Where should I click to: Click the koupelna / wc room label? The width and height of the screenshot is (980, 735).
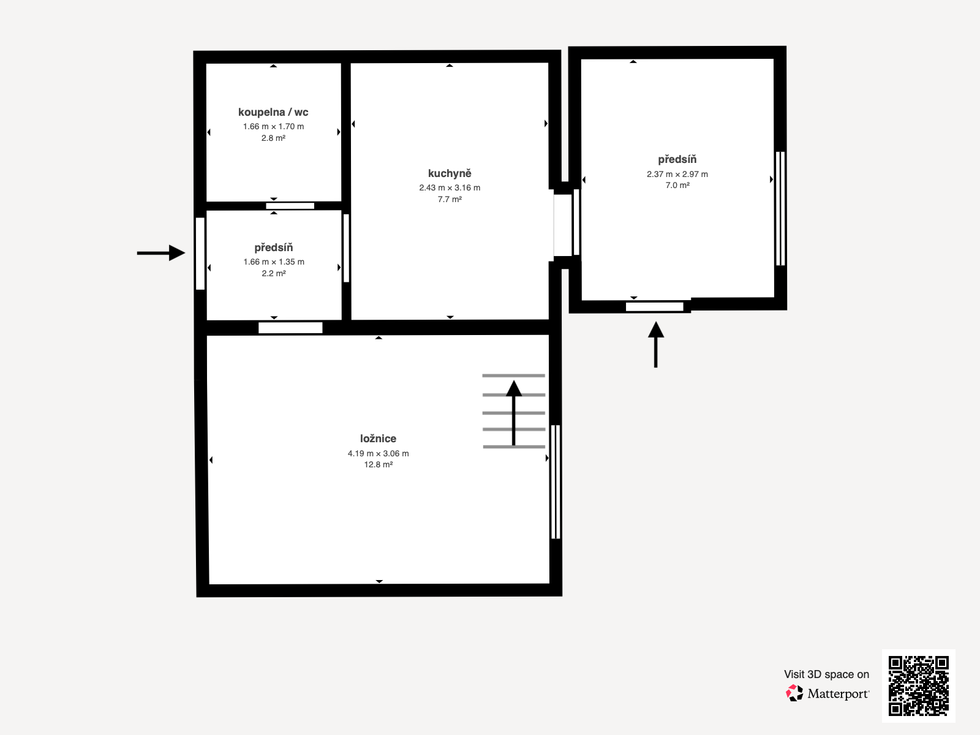pos(273,112)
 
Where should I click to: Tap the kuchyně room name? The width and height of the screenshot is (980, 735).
pos(450,173)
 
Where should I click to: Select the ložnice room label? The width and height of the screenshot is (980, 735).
pos(378,439)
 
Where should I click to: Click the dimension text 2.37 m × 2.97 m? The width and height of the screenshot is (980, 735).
pos(677,174)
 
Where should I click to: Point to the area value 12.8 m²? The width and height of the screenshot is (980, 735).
pos(378,465)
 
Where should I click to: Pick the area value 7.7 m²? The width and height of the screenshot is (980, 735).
pos(450,200)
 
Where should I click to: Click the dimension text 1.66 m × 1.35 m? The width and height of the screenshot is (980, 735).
pos(273,262)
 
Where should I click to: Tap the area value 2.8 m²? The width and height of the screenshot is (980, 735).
pos(273,138)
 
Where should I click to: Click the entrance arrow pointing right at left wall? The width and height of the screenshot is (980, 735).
pos(160,253)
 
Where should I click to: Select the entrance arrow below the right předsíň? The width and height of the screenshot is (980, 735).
pos(656,344)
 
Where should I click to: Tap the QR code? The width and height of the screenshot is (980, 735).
pos(918,685)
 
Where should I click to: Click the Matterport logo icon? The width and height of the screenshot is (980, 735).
pos(794,693)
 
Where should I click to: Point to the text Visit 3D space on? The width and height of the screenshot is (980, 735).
pos(826,674)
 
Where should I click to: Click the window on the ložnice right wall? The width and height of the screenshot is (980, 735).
pos(556,481)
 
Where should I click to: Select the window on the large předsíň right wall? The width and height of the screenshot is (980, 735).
pos(780,208)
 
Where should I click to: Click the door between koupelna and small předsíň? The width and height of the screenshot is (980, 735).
pos(290,206)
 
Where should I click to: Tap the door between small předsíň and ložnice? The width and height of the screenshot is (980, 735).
pos(290,328)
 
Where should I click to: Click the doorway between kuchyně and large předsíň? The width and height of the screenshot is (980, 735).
pos(563,225)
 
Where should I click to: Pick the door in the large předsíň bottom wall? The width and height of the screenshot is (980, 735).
pos(654,306)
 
